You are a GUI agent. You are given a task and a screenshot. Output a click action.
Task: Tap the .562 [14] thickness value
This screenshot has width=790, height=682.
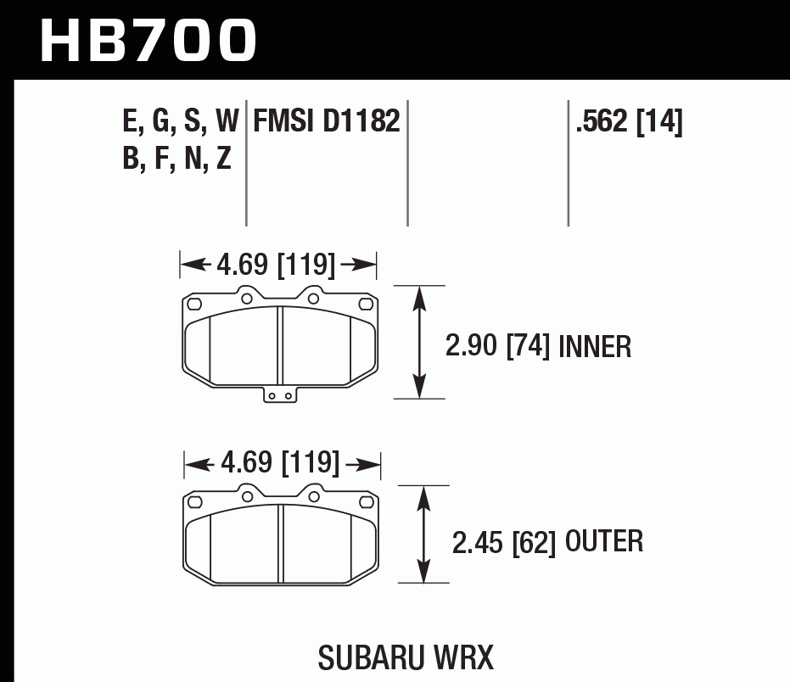pyautogui.click(x=628, y=122)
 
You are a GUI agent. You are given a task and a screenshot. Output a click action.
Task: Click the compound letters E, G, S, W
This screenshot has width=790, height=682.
pyautogui.click(x=181, y=122)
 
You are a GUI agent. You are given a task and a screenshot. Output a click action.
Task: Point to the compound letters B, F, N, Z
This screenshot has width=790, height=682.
pyautogui.click(x=176, y=159)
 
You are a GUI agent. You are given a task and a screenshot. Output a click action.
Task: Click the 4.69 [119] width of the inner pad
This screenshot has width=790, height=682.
pyautogui.click(x=277, y=266)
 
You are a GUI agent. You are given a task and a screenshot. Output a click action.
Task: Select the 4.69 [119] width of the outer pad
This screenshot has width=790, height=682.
pyautogui.click(x=281, y=464)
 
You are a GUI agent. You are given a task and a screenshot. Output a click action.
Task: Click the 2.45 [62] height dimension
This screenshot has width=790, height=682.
pyautogui.click(x=503, y=542)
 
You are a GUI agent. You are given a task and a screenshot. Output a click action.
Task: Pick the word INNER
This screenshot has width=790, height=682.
pyautogui.click(x=596, y=346)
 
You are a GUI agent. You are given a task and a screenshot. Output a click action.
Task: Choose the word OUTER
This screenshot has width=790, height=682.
pyautogui.click(x=603, y=541)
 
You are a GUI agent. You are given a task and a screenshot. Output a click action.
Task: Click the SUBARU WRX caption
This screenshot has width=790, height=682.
pyautogui.click(x=406, y=657)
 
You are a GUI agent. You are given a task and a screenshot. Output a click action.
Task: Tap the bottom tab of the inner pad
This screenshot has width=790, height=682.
pyautogui.click(x=280, y=394)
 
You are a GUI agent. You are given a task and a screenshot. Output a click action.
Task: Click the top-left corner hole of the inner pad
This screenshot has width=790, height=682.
pyautogui.click(x=194, y=304)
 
